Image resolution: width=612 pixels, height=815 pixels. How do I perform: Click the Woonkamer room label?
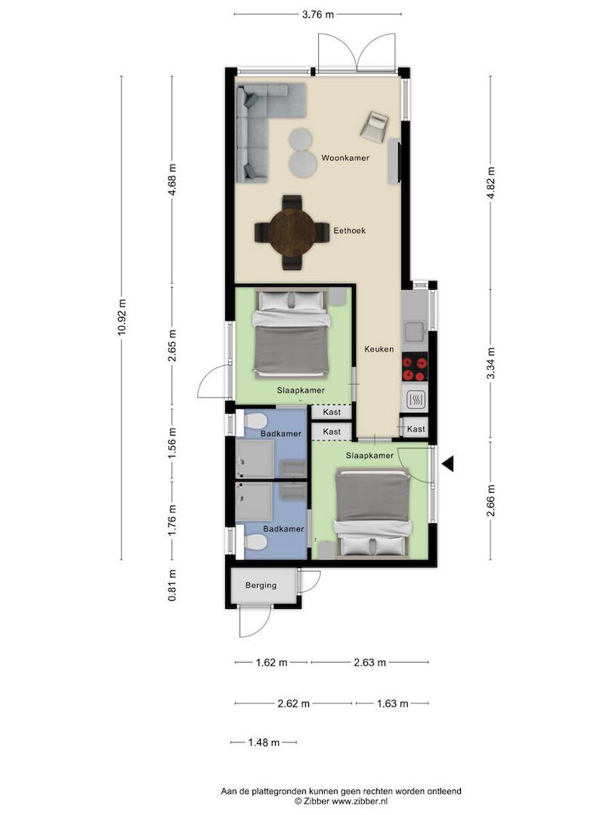[x=345, y=158]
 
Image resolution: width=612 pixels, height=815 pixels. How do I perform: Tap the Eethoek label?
[x=349, y=231]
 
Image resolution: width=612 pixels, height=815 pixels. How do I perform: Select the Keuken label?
[x=379, y=349]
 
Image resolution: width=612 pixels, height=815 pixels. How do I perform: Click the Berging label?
[x=261, y=586]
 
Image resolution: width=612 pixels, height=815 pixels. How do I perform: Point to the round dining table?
[x=292, y=232]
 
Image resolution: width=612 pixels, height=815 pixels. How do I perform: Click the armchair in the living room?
[x=374, y=126]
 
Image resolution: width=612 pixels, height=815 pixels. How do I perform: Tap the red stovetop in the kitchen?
[x=415, y=367]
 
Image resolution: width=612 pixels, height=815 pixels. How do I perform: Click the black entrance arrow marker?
[x=447, y=463]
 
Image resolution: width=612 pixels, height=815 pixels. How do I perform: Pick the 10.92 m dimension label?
[x=122, y=316]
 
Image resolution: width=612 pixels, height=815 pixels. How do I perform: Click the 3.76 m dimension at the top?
[x=318, y=14]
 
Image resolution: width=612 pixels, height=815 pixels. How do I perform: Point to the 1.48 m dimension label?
[x=264, y=743]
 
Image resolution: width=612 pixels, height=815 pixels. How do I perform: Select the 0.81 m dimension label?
[x=172, y=586]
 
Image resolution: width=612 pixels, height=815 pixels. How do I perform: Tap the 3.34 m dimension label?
[x=490, y=363]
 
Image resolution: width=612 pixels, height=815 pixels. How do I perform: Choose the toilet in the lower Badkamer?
[x=255, y=543]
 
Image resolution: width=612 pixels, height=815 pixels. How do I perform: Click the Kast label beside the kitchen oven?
[x=416, y=429]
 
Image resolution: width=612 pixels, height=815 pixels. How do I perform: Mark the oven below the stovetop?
[x=416, y=399]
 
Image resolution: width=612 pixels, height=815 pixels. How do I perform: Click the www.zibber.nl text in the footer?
[x=360, y=801]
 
